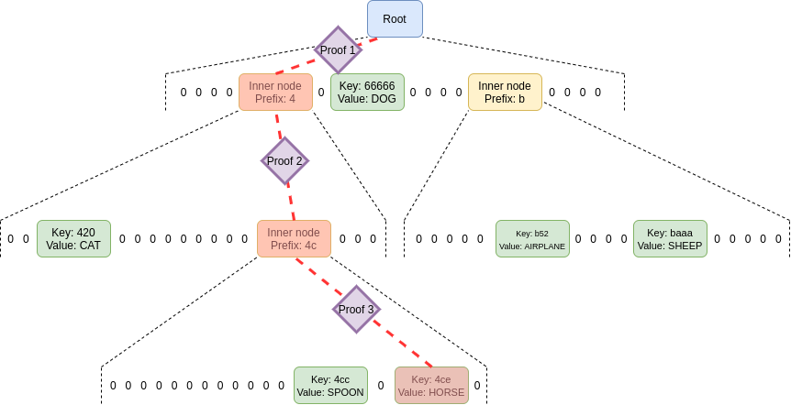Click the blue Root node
(x=395, y=19)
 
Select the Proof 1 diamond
(x=338, y=50)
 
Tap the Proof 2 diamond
(x=284, y=161)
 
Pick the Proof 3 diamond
(x=356, y=310)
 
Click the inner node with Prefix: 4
(x=275, y=93)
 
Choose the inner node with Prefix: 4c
(x=294, y=239)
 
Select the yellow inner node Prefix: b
(x=505, y=93)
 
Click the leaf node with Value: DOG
(x=367, y=93)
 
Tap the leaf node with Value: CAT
(x=73, y=239)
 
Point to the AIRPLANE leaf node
(x=532, y=239)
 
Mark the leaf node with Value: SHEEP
(x=670, y=239)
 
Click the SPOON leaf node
(x=330, y=386)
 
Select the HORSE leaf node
(x=431, y=386)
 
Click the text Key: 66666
(x=367, y=86)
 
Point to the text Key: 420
(x=73, y=233)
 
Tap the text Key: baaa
(x=670, y=233)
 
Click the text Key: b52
(x=532, y=234)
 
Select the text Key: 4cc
(x=330, y=379)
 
